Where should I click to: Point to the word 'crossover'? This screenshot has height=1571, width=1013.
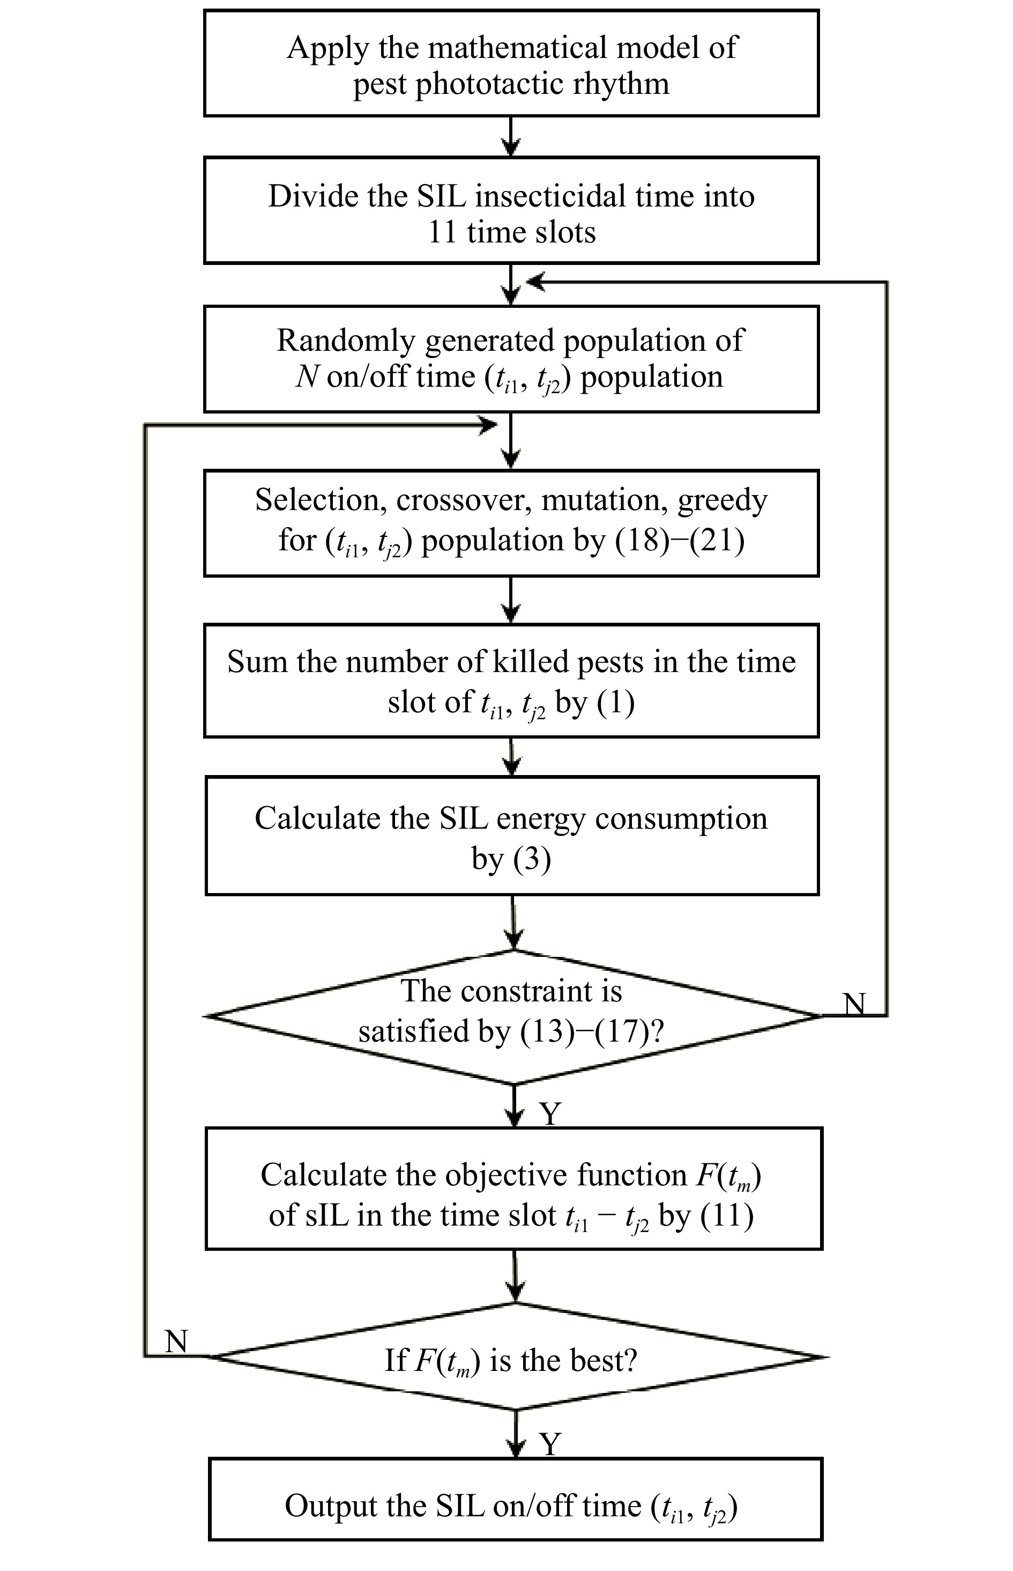464,499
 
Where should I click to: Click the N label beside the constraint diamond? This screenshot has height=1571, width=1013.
854,1004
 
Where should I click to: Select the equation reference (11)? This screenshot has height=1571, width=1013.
727,1215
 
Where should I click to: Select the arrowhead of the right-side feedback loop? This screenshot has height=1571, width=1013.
535,282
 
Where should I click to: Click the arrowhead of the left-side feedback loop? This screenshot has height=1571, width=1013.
489,425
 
